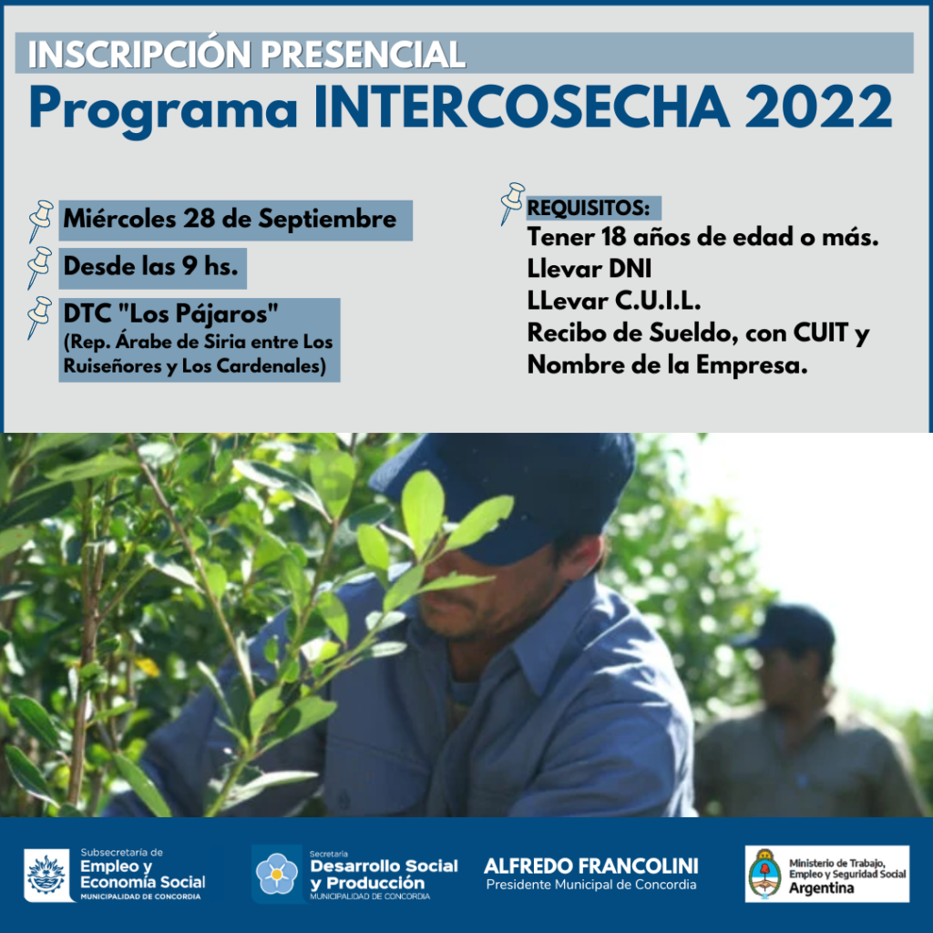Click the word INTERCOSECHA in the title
pos(521,107)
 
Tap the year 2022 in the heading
pos(818,107)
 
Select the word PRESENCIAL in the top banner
pos(363,54)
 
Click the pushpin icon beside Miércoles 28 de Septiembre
pos(40,220)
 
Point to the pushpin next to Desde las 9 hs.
pos(39,268)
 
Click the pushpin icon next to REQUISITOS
pos(512,203)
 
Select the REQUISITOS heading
pos(589,209)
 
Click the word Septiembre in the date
pos(327,220)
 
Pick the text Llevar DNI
pos(590,269)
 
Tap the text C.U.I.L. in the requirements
pos(657,301)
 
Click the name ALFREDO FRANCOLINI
pos(590,866)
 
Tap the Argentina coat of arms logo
pos(764,874)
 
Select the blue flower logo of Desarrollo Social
pos(276,874)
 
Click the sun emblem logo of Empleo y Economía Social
pos(46,875)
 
